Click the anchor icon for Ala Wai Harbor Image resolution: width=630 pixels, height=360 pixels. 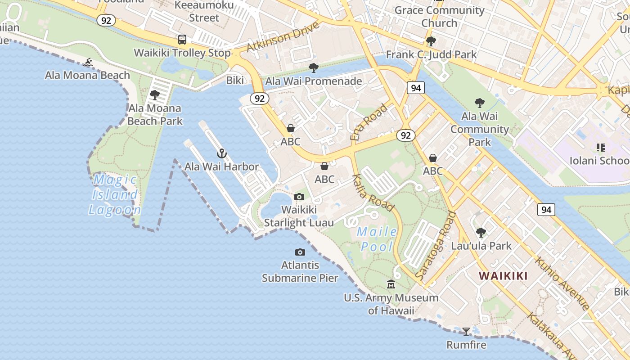(x=221, y=153)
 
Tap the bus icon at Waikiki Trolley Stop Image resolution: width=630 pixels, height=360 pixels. (x=182, y=40)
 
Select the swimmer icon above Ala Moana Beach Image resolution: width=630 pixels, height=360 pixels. (x=88, y=62)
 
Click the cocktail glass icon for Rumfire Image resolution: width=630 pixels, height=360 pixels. (x=466, y=332)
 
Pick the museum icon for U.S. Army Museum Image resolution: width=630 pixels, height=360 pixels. (x=391, y=284)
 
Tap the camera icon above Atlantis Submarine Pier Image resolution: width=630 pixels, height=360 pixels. (x=300, y=252)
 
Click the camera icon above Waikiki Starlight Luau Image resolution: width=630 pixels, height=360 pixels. (x=299, y=197)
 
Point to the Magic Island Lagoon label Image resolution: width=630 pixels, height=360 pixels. (x=115, y=194)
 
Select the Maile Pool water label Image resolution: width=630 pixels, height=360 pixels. (x=377, y=239)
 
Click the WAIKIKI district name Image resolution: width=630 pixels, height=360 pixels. (x=503, y=276)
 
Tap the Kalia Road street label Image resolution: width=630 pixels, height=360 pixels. (x=373, y=193)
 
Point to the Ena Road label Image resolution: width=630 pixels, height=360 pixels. (x=369, y=121)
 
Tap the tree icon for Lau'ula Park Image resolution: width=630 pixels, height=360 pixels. (x=481, y=233)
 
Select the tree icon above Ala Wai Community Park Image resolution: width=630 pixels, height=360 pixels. (x=480, y=103)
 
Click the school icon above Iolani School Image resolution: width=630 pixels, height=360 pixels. (x=600, y=147)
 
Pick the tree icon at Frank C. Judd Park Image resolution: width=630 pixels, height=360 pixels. (x=431, y=41)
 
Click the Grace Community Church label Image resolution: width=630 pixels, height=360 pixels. (x=439, y=16)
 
